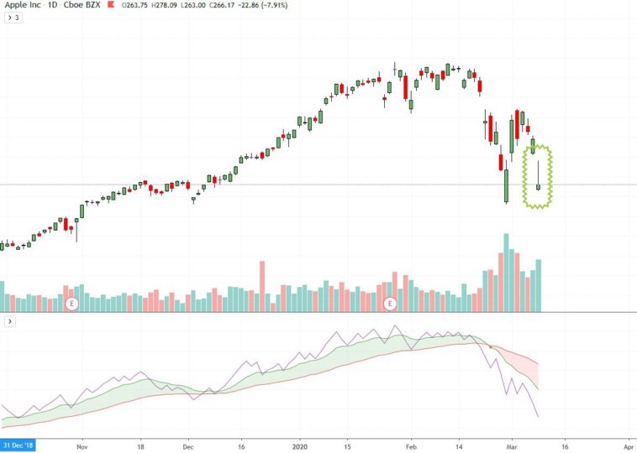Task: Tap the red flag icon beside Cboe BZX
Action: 111,6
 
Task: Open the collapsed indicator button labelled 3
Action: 13,18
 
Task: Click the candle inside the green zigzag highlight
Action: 538,180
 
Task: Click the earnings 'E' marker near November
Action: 71,303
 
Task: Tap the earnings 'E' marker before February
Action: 390,303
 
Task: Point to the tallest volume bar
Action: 506,273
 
